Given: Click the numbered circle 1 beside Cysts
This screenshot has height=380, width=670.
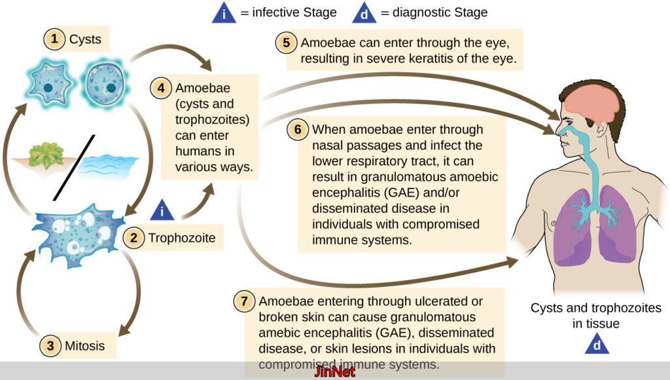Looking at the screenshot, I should pyautogui.click(x=54, y=39).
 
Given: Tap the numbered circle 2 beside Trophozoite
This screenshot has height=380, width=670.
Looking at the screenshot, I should pyautogui.click(x=134, y=238).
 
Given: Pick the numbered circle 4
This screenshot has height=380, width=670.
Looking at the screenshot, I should pyautogui.click(x=160, y=87).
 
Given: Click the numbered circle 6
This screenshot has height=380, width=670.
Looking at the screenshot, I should pyautogui.click(x=298, y=129).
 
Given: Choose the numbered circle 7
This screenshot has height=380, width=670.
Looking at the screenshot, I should pyautogui.click(x=244, y=302).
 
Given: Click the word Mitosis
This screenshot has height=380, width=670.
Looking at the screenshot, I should pyautogui.click(x=84, y=345).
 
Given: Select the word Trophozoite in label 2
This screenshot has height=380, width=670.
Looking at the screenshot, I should pyautogui.click(x=182, y=238).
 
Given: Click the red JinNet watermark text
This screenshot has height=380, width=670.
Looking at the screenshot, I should pyautogui.click(x=335, y=371).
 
